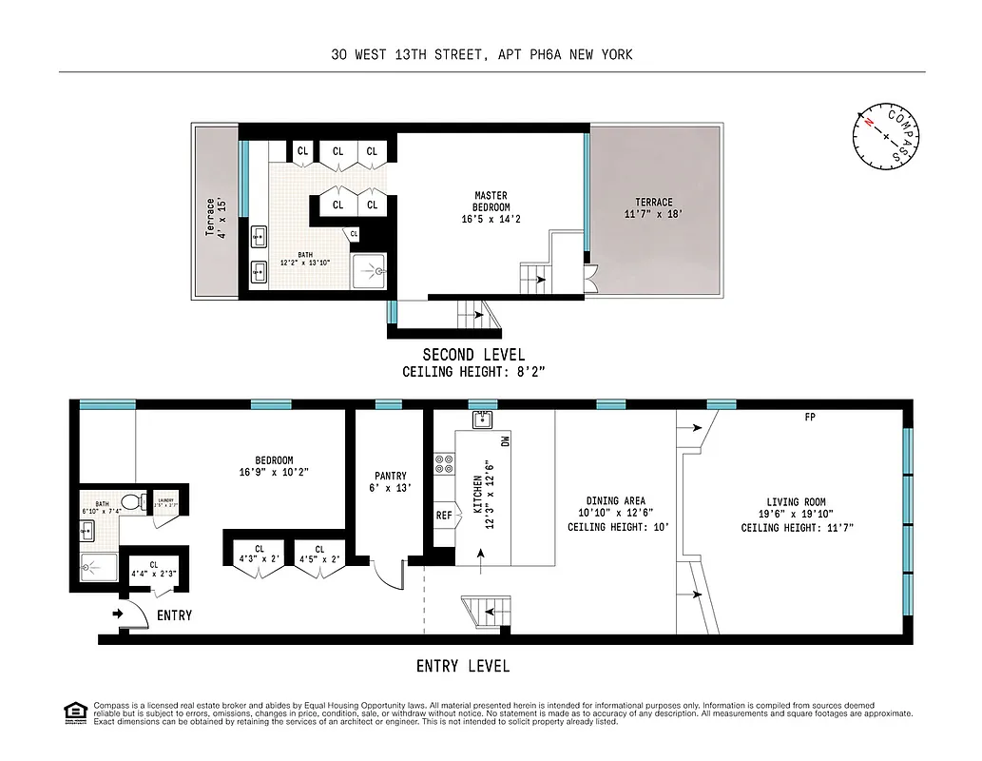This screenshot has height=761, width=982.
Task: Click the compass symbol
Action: tap(885, 138)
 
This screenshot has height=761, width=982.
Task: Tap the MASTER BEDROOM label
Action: tap(491, 207)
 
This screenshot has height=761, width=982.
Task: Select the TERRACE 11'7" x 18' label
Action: tap(654, 208)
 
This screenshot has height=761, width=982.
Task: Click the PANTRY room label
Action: tap(390, 482)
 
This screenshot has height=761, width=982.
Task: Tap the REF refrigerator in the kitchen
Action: tap(444, 515)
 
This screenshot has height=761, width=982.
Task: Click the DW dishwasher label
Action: tap(505, 440)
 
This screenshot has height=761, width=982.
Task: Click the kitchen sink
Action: tap(482, 420)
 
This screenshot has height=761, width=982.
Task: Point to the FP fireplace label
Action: tap(810, 417)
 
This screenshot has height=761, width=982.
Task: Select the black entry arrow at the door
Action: tap(118, 615)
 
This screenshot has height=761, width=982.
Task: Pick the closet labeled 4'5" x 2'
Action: tap(319, 554)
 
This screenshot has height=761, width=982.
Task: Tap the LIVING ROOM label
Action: tap(796, 508)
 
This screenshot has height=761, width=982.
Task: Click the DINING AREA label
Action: tap(615, 507)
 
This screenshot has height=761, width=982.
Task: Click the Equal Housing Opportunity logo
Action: tap(74, 712)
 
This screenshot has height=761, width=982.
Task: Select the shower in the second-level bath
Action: tap(367, 272)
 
